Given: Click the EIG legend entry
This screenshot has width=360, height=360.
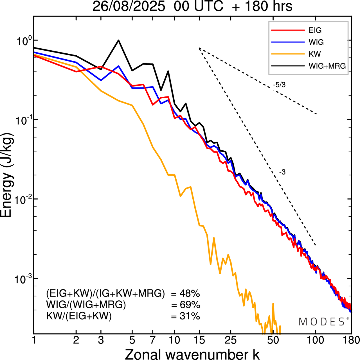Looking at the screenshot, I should tap(315, 30).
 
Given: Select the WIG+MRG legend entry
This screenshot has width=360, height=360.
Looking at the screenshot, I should tap(327, 66).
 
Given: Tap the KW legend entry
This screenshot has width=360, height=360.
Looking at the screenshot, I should tap(315, 54).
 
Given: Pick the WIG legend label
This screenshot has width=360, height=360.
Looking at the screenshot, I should tap(316, 42).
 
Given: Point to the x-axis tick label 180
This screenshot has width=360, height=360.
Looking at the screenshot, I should tap(351, 340).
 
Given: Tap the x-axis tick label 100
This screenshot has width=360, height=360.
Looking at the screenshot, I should tap(316, 340).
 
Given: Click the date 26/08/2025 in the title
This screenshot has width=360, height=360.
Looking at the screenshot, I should tap(129, 6).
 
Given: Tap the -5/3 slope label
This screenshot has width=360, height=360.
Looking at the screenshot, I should tap(279, 85).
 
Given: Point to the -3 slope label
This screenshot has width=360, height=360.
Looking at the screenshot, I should tap(282, 172).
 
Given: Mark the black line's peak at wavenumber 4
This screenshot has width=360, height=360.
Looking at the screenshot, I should tap(119, 40).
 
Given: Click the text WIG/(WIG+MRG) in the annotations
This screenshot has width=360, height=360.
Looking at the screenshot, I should tap(86, 305).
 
